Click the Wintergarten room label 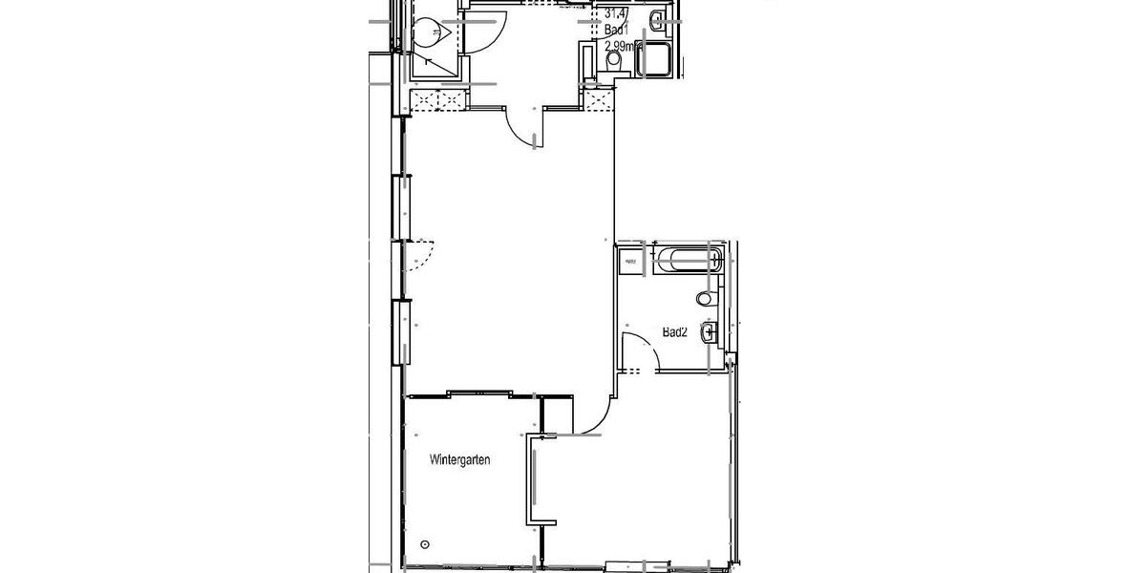[x=460, y=460]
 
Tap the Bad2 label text [x=675, y=332]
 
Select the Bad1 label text [x=616, y=31]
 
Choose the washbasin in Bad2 [x=708, y=332]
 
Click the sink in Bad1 [x=659, y=21]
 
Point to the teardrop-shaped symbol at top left [x=427, y=33]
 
